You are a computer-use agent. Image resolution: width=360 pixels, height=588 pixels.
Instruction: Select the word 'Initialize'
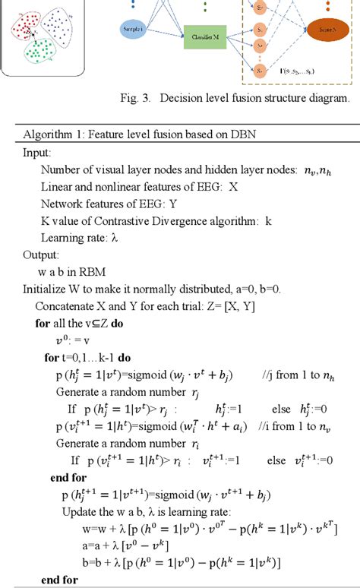click(x=46, y=289)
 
